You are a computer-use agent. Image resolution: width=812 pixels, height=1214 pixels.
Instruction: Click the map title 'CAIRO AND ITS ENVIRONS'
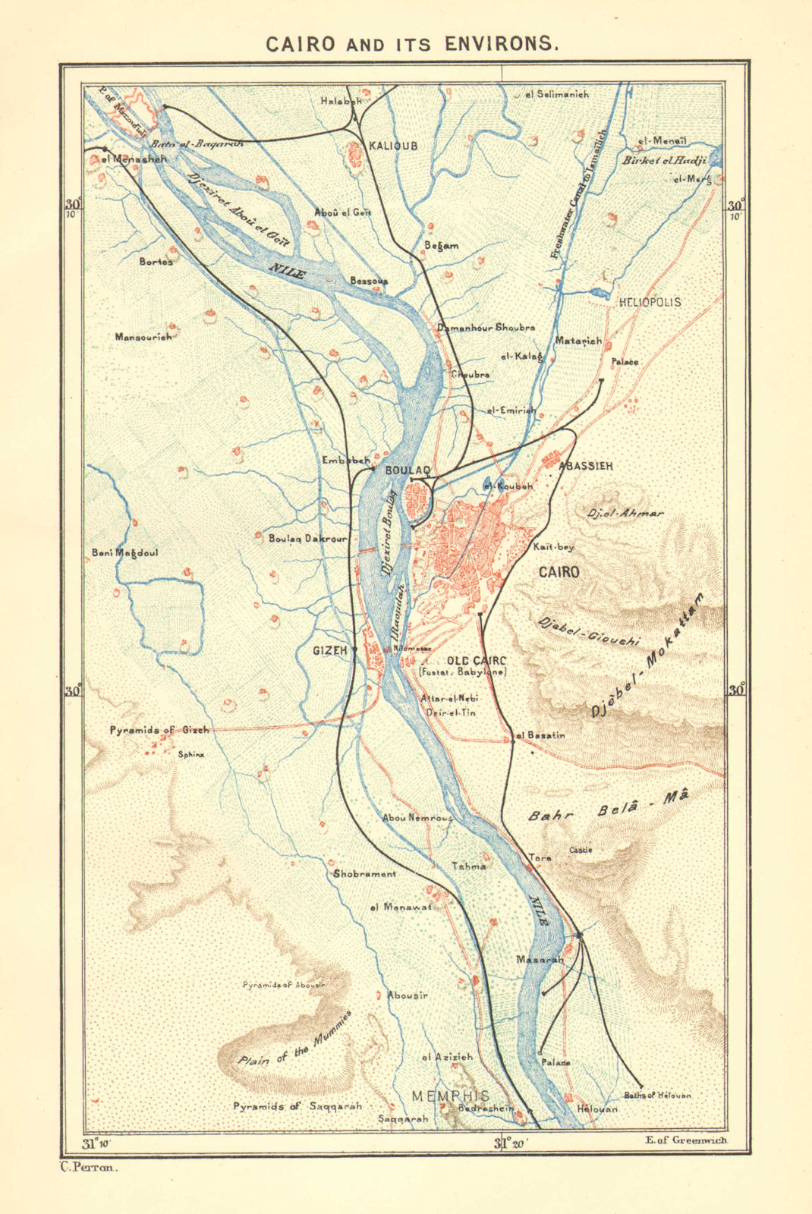pos(412,43)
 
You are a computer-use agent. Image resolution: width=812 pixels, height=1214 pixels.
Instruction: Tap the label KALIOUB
pos(392,146)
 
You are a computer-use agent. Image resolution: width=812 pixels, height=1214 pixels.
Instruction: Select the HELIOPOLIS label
pos(650,302)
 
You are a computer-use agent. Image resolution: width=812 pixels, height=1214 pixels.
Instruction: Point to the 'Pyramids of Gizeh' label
pos(159,730)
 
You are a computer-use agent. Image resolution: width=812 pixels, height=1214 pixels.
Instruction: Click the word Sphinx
pos(190,755)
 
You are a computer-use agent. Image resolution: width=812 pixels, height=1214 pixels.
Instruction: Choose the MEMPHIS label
pos(450,1096)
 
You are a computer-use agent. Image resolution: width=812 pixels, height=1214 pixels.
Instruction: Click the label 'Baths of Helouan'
pos(657,1095)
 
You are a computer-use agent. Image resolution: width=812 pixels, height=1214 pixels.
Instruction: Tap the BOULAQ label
pos(408,470)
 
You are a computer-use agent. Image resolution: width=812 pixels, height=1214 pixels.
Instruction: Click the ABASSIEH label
pos(585,466)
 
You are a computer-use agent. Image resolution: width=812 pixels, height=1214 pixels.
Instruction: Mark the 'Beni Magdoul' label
pos(124,552)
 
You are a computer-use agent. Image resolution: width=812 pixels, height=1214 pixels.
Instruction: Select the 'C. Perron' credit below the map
pos(89,1168)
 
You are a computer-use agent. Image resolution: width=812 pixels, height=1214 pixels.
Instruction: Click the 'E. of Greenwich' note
pos(685,1140)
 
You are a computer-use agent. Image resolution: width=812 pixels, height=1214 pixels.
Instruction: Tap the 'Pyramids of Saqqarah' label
pos(297,1106)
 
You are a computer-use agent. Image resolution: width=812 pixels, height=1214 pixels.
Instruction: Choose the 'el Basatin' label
pos(540,734)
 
